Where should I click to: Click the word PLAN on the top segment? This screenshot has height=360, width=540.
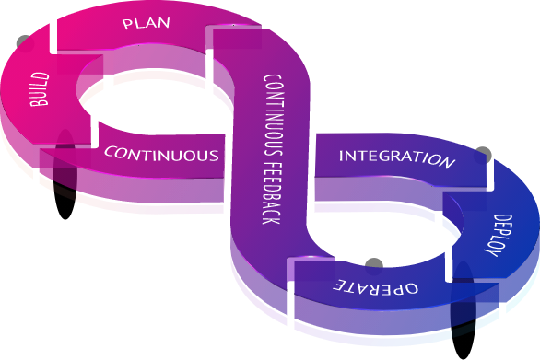tap(146, 23)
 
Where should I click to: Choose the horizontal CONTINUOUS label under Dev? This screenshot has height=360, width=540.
tap(162, 153)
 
